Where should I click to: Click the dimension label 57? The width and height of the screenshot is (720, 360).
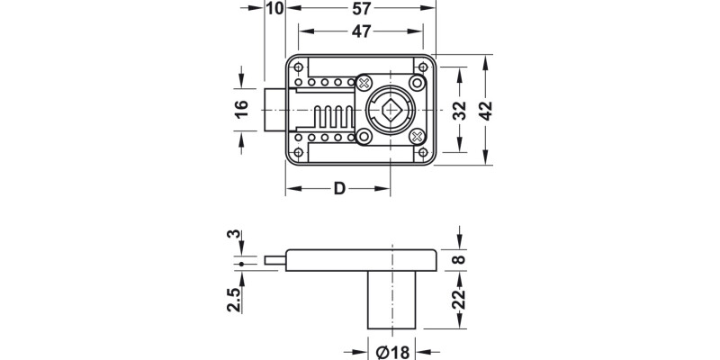pos(360,9)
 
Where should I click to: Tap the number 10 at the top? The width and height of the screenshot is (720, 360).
pos(275,9)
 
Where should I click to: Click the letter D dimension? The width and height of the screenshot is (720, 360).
pos(339,189)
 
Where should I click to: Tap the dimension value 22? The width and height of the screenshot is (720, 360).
pos(459,298)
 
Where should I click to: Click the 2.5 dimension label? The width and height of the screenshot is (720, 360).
pos(234,299)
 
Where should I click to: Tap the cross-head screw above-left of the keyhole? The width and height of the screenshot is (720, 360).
pos(364,83)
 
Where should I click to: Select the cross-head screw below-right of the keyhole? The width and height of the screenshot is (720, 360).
pos(417,136)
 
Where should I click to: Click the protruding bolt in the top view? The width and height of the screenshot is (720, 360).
pos(274,110)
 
